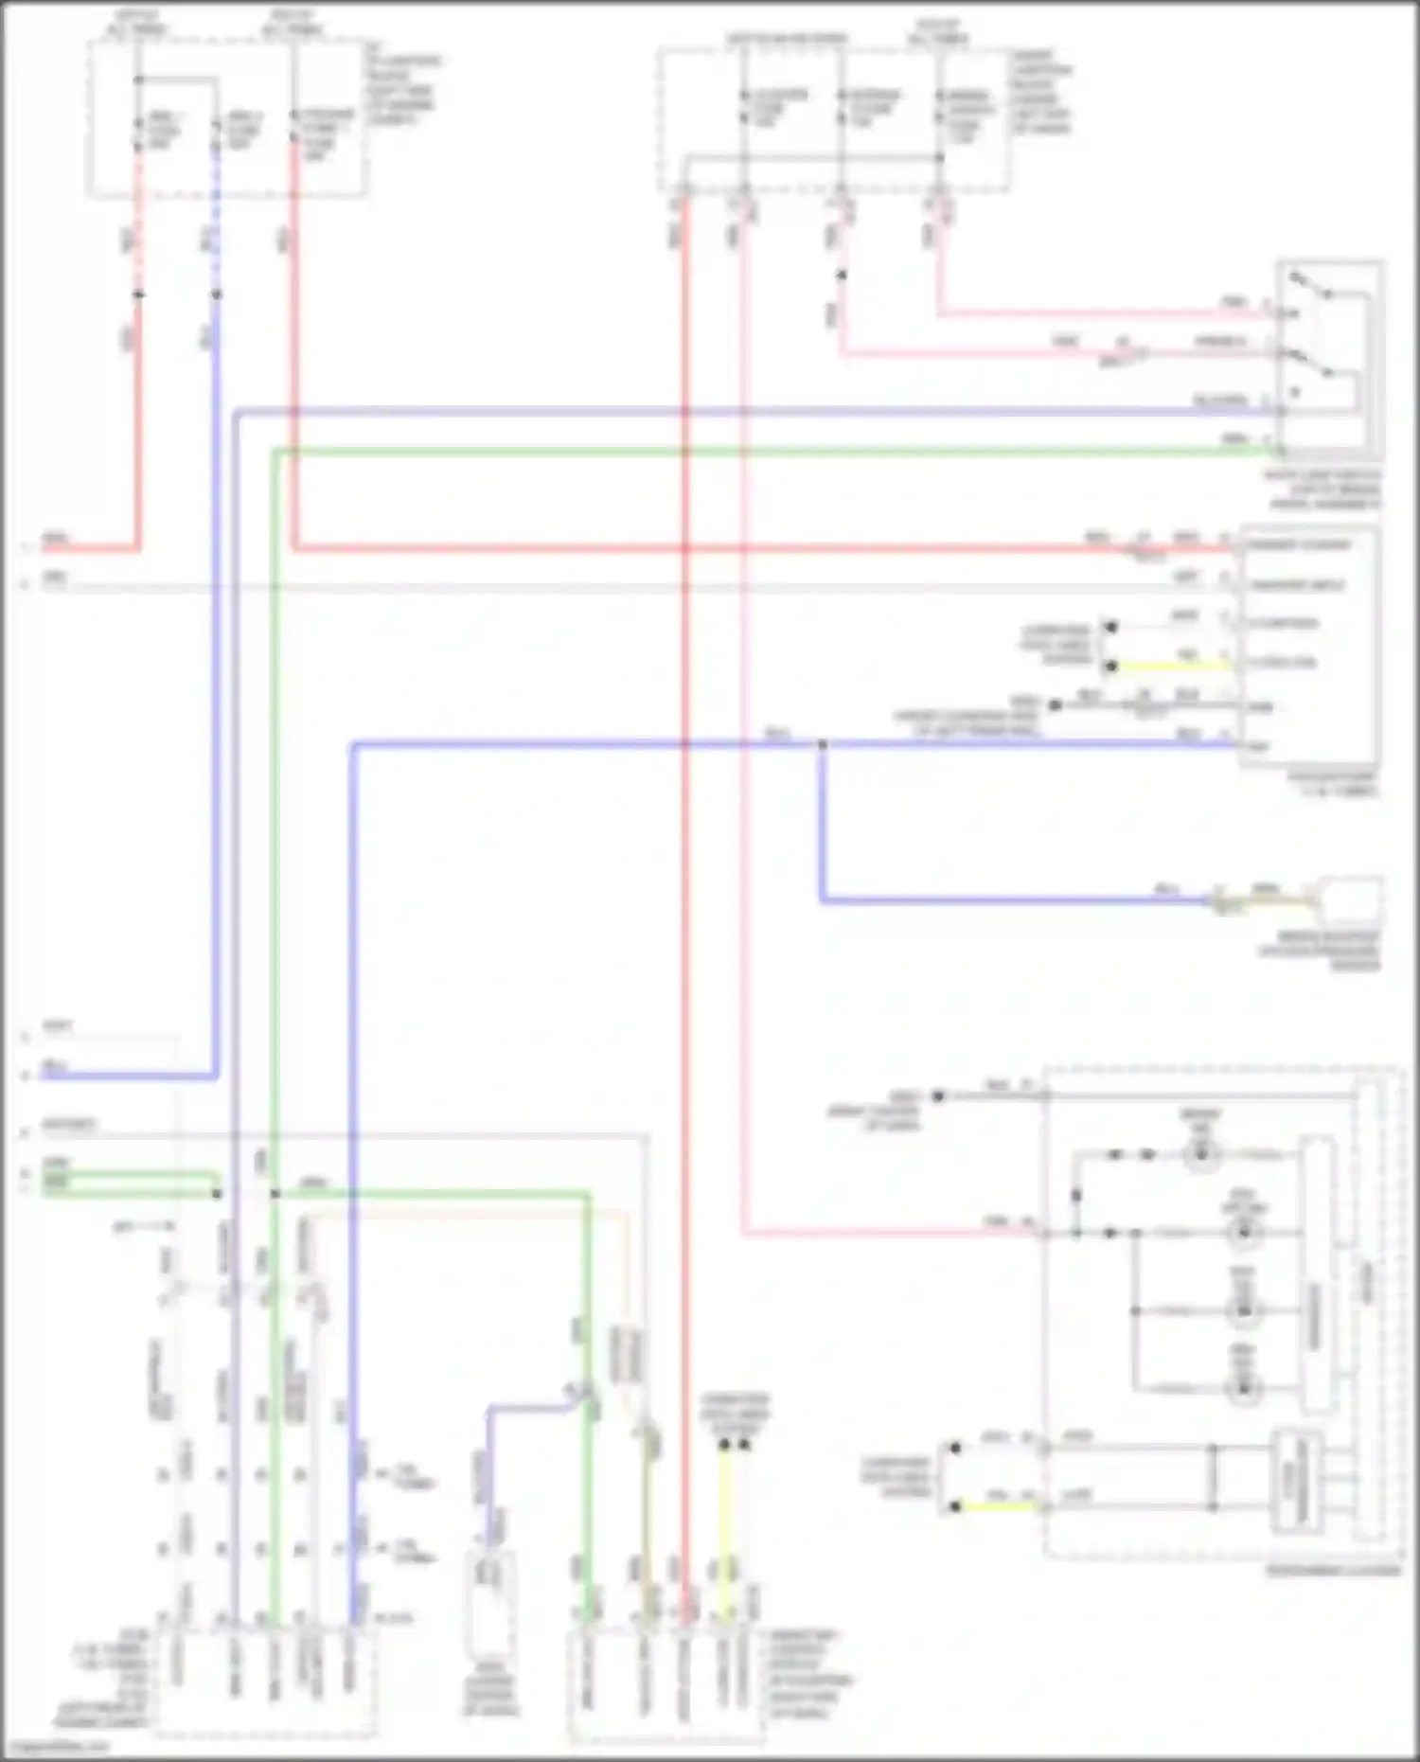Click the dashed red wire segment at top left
(138, 218)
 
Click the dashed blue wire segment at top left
(216, 218)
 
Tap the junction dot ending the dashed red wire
(138, 294)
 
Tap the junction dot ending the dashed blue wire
(216, 294)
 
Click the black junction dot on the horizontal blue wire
(822, 745)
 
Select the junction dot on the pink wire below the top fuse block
(841, 276)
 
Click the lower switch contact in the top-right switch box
(1311, 363)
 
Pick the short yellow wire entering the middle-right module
(1174, 667)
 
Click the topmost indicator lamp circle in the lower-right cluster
(1201, 1154)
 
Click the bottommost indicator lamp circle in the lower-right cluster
(1243, 1389)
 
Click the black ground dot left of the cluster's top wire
(938, 1096)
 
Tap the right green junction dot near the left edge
(275, 1194)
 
